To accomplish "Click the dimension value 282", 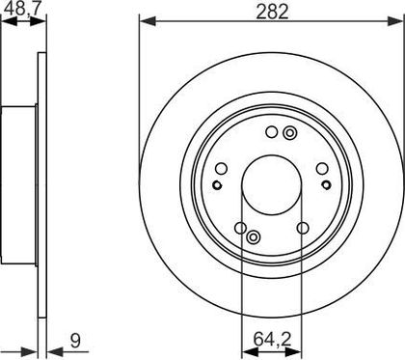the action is tap(272, 12).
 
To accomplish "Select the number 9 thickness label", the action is tap(75, 341).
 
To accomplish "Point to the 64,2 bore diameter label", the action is tap(272, 339).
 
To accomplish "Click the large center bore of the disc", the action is tap(272, 185).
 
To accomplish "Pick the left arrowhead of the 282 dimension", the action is tap(148, 21).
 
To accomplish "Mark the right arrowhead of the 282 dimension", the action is tap(395, 21).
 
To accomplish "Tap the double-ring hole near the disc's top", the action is tap(290, 132).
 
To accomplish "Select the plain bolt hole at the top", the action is tap(272, 132).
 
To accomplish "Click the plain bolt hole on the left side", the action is tap(221, 168).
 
